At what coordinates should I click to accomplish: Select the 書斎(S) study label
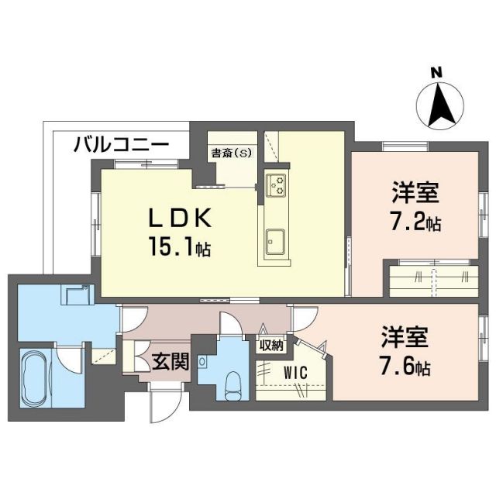pos(232,153)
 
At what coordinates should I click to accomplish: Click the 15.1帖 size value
pos(181,250)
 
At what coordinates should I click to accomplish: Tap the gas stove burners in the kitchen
pos(277,185)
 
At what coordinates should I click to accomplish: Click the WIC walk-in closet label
pos(295,373)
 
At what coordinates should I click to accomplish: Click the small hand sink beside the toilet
pos(203,361)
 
